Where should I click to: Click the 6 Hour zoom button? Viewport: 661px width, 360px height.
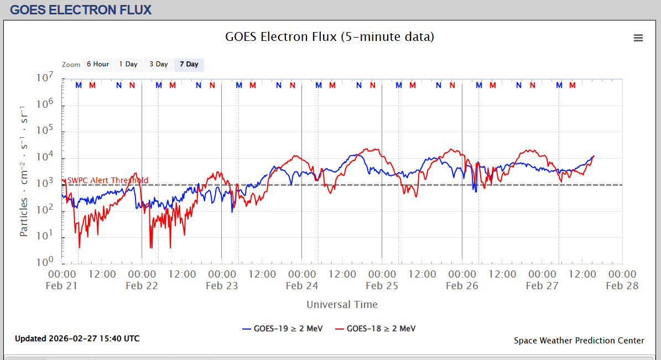click(x=98, y=64)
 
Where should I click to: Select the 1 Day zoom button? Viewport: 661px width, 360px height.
click(x=128, y=64)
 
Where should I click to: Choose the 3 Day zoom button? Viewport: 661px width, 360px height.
click(x=159, y=64)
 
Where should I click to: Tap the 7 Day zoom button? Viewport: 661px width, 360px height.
click(x=189, y=64)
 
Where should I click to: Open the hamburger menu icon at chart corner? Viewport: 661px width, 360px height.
click(x=638, y=38)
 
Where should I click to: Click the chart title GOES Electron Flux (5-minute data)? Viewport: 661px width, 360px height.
click(x=330, y=37)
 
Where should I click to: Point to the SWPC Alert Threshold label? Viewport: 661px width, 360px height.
click(x=107, y=180)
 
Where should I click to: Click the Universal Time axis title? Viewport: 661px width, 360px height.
click(x=342, y=304)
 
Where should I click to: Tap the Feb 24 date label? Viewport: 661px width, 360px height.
click(x=302, y=286)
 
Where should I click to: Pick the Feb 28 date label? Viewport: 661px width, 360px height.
click(x=622, y=286)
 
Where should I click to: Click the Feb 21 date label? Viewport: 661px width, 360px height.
click(x=62, y=286)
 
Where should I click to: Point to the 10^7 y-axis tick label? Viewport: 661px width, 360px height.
click(x=45, y=78)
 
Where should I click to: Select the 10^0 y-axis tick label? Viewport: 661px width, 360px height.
click(x=45, y=261)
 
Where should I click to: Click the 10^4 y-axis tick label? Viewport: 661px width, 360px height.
click(x=45, y=156)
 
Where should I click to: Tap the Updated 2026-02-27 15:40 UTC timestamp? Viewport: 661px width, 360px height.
click(x=77, y=338)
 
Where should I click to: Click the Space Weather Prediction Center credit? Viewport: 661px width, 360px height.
click(x=579, y=340)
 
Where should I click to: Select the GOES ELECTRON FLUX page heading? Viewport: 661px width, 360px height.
click(x=81, y=10)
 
